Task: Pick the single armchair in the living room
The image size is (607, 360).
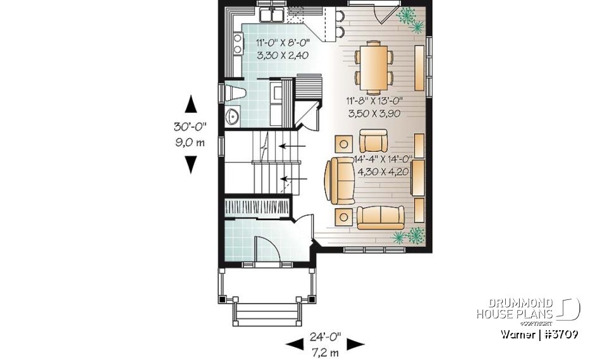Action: point(373,140)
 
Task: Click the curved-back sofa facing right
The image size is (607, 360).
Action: point(336,181)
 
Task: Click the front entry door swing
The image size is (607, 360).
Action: point(263,249)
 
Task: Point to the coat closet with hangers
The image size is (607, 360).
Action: point(258,208)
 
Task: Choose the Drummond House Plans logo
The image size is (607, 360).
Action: point(528,310)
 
